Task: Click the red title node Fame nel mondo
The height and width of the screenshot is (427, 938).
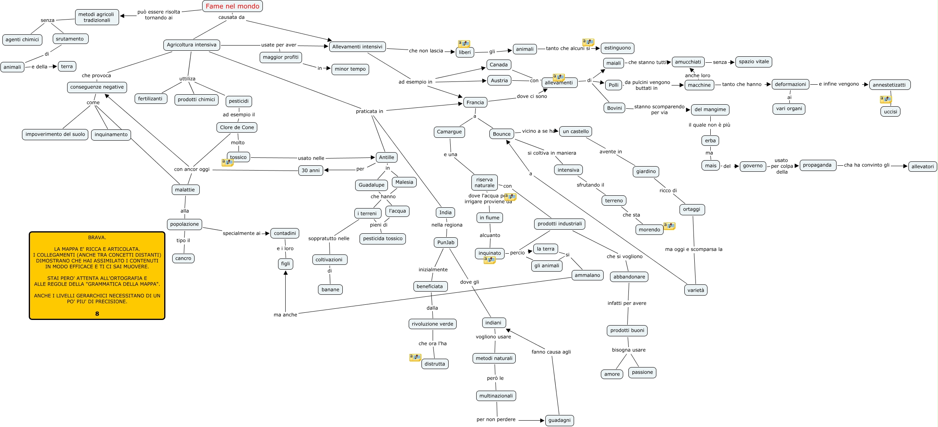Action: [233, 6]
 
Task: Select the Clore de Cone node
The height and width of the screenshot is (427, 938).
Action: [237, 127]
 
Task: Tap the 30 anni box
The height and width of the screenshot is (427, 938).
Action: [310, 171]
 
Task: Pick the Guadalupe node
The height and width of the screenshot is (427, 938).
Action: [371, 185]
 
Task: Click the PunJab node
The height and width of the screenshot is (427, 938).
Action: [445, 242]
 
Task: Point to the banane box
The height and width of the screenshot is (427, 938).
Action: [330, 290]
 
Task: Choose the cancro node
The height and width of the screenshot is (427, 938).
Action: [183, 258]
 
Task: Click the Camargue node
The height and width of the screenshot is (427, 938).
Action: [449, 132]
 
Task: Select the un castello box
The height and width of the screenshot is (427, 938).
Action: [576, 131]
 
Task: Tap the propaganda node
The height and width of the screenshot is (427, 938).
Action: [817, 165]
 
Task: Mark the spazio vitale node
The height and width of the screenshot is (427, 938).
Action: [753, 62]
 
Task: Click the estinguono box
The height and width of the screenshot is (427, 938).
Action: [617, 48]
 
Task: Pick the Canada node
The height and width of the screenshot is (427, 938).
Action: [499, 65]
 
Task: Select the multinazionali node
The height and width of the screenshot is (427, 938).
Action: [496, 396]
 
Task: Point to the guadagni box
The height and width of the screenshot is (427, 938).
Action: [559, 420]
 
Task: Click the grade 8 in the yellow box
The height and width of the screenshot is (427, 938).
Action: [97, 314]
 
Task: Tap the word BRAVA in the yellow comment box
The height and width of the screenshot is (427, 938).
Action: [97, 237]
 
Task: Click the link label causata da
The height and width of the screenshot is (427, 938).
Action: [231, 17]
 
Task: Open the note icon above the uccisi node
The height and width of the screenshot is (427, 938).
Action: [885, 99]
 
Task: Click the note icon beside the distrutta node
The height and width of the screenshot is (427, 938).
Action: [415, 357]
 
